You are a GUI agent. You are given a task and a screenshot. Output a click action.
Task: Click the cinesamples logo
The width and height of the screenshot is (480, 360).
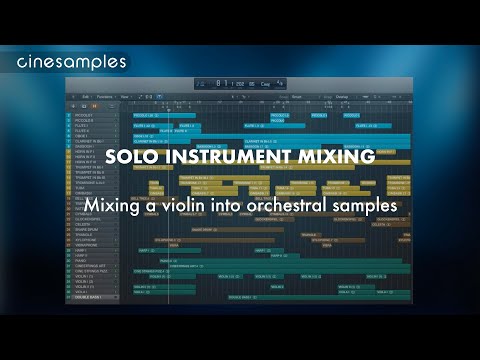pyautogui.click(x=73, y=62)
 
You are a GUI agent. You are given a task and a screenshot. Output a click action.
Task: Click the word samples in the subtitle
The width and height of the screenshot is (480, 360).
pyautogui.click(x=367, y=204)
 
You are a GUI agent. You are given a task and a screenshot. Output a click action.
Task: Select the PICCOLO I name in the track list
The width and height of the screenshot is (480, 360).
pyautogui.click(x=83, y=114)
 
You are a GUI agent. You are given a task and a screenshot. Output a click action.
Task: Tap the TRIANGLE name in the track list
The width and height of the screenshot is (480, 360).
pyautogui.click(x=83, y=233)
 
